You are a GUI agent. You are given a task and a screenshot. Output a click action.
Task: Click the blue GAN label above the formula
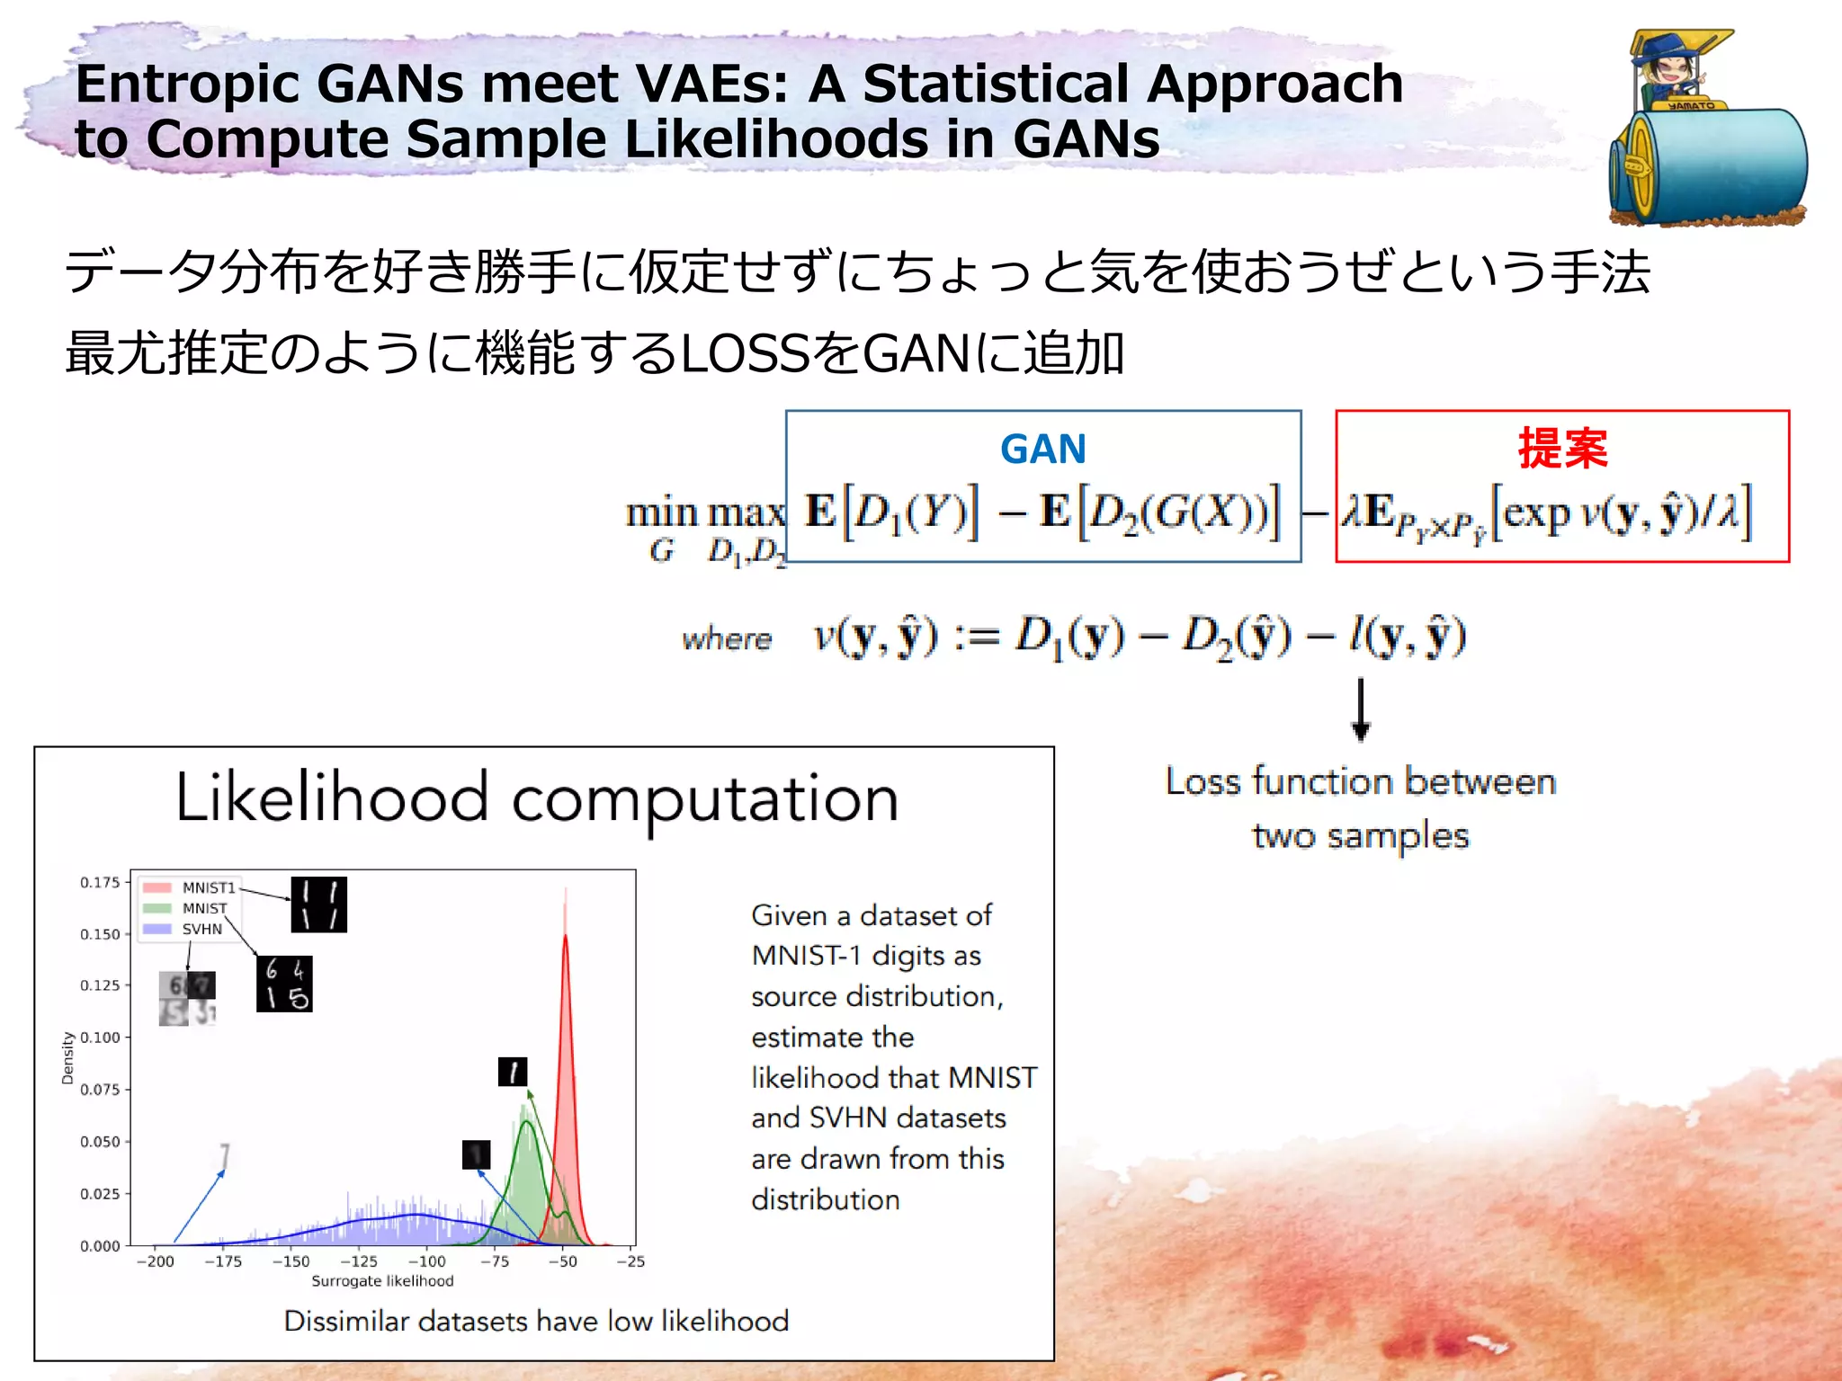(x=1042, y=449)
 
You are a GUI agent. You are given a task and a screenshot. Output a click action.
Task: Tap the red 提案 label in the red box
(x=1562, y=448)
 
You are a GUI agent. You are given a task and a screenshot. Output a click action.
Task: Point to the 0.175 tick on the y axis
(x=100, y=882)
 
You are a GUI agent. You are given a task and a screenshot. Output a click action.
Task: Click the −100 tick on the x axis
(x=427, y=1261)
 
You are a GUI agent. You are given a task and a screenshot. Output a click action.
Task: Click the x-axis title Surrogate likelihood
(x=382, y=1280)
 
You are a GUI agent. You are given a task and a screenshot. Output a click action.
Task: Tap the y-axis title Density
(x=67, y=1057)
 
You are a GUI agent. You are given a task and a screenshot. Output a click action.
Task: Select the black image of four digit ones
(x=318, y=904)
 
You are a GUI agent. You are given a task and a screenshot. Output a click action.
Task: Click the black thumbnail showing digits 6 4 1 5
(x=284, y=984)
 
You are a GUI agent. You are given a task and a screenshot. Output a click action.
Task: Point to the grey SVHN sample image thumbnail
(x=187, y=999)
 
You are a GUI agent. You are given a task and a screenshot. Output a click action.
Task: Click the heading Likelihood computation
(x=537, y=797)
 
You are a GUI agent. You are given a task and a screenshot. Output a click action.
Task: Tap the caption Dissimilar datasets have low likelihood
(x=536, y=1320)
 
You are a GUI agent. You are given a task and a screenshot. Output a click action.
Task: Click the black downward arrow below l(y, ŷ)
(x=1361, y=709)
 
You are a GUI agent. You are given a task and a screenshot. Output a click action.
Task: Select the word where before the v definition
(x=727, y=639)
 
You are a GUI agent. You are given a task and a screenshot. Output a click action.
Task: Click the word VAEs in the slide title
(x=711, y=84)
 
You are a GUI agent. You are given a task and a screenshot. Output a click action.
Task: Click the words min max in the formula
(x=705, y=513)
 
